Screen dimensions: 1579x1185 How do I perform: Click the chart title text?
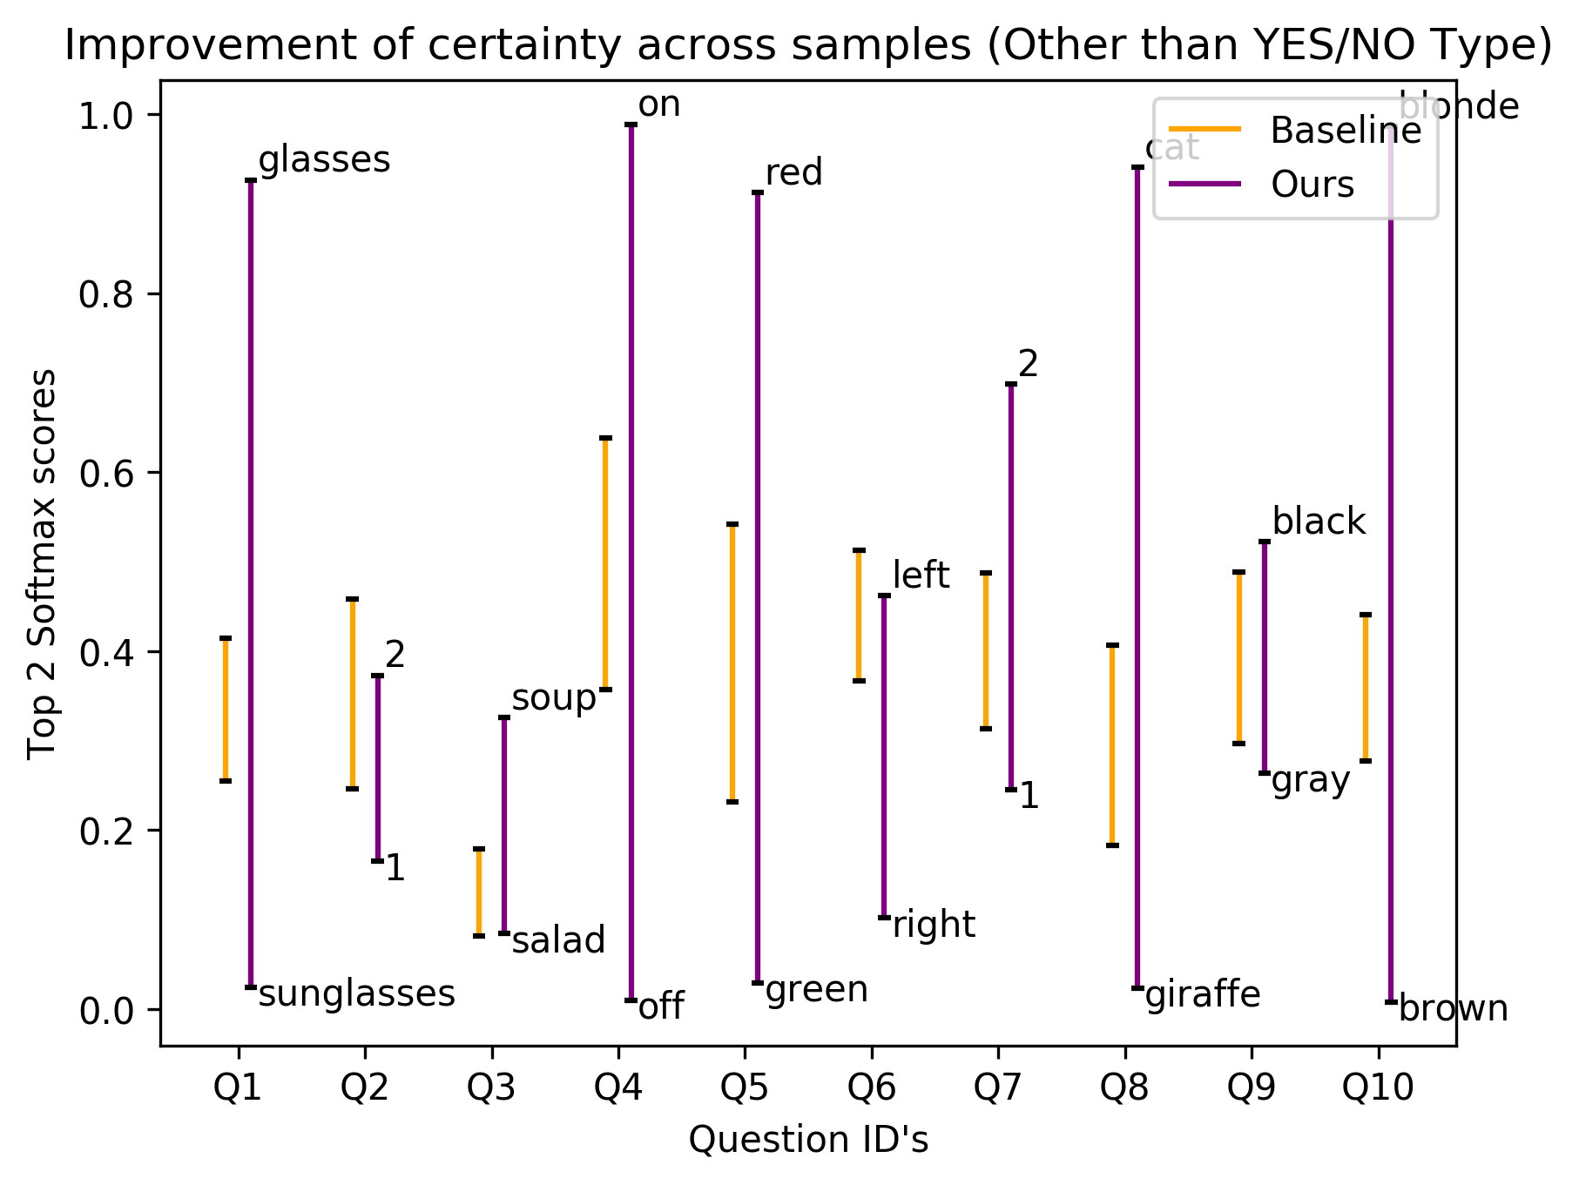pos(808,46)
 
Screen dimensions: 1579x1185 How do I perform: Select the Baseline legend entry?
pos(1295,131)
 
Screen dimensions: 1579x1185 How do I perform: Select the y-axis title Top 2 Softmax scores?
pos(42,564)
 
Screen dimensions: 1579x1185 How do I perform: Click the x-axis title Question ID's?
pos(808,1140)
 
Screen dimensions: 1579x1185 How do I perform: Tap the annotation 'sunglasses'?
pos(357,994)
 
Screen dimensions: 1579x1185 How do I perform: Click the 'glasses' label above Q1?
pos(325,161)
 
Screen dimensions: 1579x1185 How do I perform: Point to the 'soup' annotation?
pos(554,699)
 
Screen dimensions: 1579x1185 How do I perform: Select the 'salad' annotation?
pos(558,940)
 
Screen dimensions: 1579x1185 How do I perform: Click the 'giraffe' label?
pos(1203,994)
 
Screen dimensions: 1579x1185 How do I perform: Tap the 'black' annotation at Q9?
pos(1319,522)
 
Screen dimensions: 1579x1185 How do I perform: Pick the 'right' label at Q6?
pos(935,925)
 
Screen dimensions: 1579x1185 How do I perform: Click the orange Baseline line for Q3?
pos(479,892)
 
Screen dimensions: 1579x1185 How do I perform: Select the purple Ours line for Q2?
pos(378,768)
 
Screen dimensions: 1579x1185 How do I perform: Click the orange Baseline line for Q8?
pos(1112,745)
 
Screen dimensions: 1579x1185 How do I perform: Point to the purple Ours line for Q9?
pos(1265,657)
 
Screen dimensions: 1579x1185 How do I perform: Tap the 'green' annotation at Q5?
pos(817,991)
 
